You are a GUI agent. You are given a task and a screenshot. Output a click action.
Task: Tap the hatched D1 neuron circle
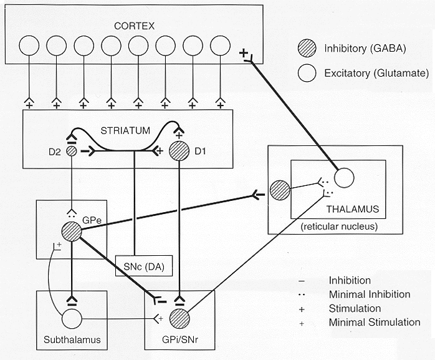pyautogui.click(x=180, y=151)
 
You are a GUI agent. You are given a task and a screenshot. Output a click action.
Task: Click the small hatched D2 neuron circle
pyautogui.click(x=72, y=150)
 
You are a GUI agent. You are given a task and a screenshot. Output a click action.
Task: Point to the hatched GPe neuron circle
pyautogui.click(x=72, y=231)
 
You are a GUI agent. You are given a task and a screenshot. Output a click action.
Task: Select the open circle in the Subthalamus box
pyautogui.click(x=72, y=320)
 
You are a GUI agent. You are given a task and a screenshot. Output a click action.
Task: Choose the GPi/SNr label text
pyautogui.click(x=181, y=342)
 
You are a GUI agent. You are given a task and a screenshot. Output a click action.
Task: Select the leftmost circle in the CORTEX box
pyautogui.click(x=29, y=46)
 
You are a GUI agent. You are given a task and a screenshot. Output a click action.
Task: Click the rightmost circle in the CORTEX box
pyautogui.click(x=220, y=46)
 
